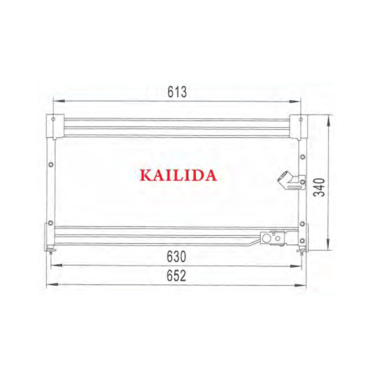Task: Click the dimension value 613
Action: coord(177,92)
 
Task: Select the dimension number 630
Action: coord(177,256)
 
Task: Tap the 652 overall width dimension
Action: coord(176,275)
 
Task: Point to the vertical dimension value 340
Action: coord(319,187)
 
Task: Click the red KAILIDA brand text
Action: coord(179,175)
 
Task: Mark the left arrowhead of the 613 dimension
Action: coord(59,101)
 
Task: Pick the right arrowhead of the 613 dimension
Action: coord(295,101)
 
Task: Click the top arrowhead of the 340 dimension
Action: coord(330,121)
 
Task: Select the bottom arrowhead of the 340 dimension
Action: coord(329,244)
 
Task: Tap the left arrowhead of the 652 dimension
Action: coord(52,285)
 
